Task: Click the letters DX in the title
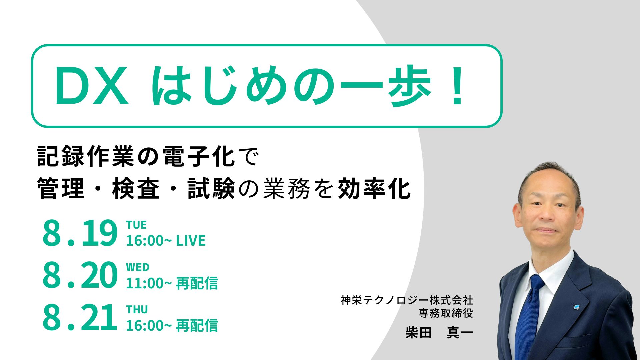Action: [92, 86]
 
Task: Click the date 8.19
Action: [80, 234]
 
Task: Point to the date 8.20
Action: [80, 276]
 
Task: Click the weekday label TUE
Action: [136, 225]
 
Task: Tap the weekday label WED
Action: [138, 267]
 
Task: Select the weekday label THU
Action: [137, 310]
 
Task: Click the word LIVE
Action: [191, 241]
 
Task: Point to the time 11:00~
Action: [149, 283]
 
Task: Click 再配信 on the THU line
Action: [197, 326]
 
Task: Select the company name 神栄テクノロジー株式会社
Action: [407, 300]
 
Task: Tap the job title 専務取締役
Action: [446, 313]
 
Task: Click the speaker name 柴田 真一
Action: [439, 333]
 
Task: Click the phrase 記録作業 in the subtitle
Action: [85, 156]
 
